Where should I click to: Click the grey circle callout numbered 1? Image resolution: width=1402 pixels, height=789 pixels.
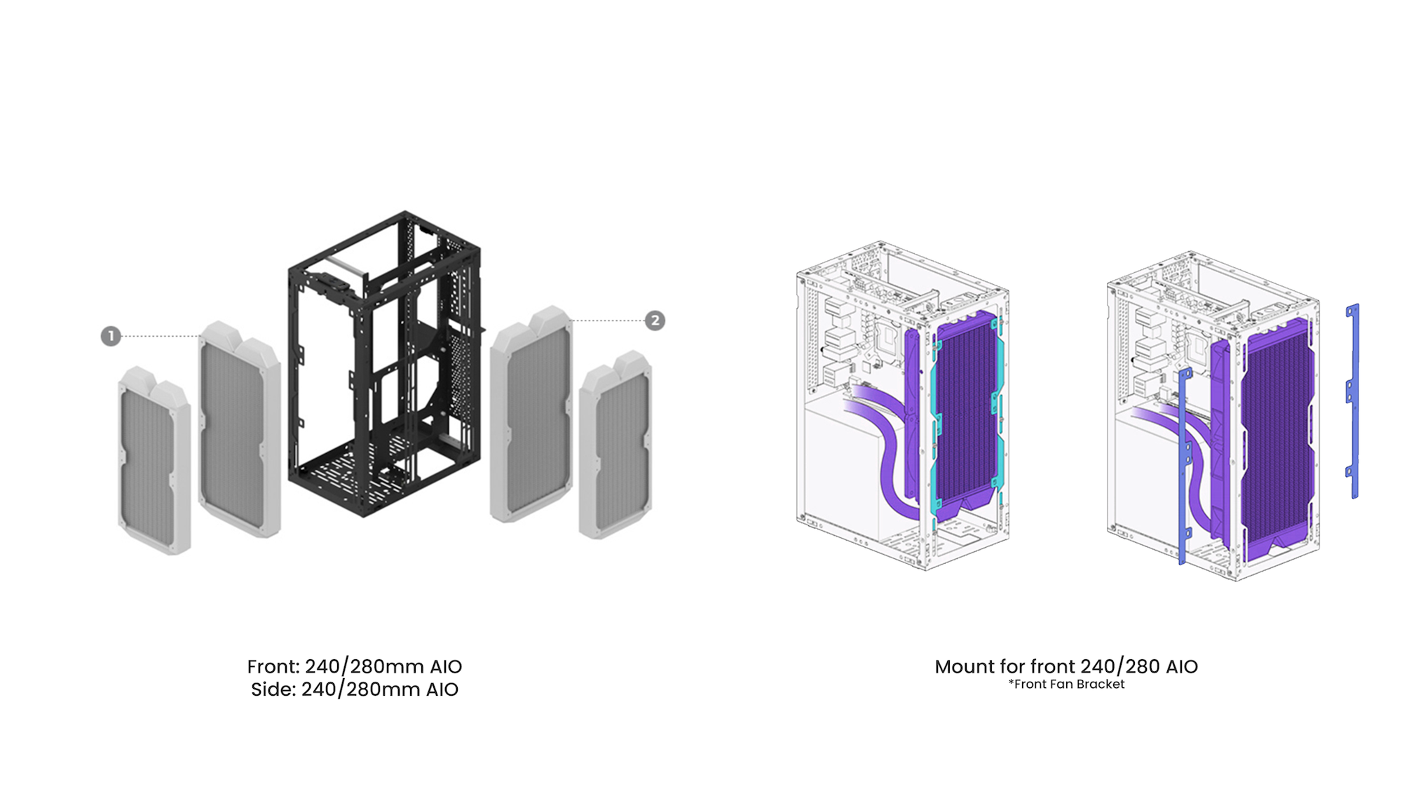click(111, 336)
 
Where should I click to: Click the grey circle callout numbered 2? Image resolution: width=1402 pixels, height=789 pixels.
click(655, 321)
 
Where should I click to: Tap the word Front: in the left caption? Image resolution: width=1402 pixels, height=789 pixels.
click(273, 666)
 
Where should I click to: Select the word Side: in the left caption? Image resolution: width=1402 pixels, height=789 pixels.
click(273, 689)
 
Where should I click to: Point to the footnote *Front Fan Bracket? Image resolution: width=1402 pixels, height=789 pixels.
click(1066, 685)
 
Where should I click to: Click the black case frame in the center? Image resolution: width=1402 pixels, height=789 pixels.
click(385, 363)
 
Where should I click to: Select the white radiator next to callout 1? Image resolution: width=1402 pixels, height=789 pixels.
click(240, 429)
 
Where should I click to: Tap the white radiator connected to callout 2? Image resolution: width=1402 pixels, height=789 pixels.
click(531, 414)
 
